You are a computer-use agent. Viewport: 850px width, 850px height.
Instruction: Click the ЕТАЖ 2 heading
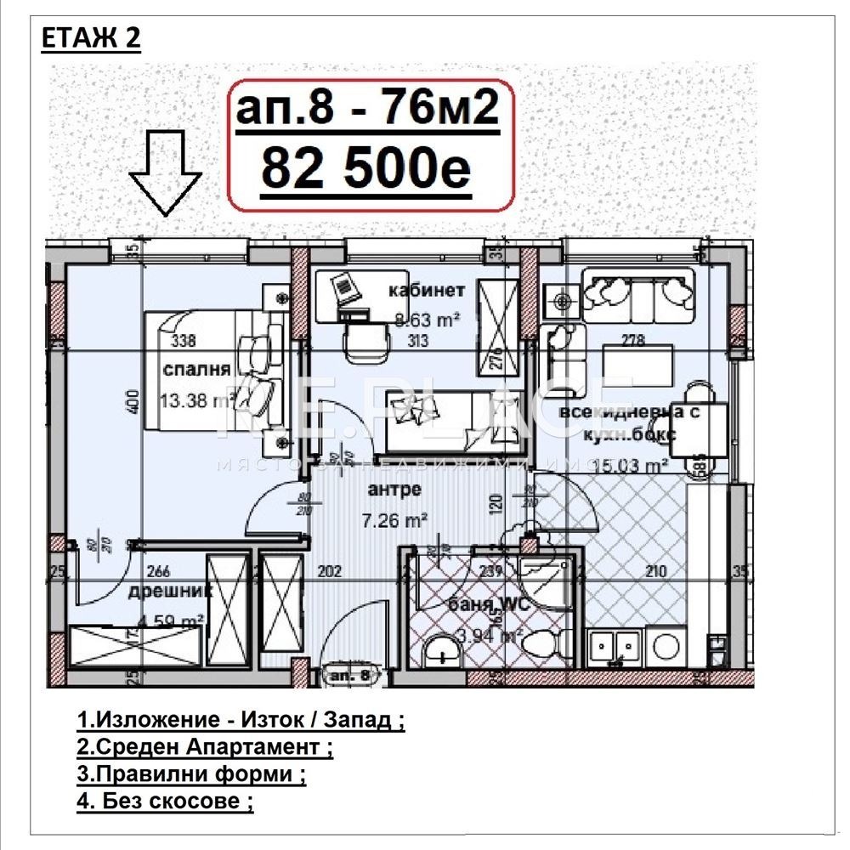[x=90, y=40]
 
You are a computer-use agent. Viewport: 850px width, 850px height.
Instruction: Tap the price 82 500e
[x=365, y=168]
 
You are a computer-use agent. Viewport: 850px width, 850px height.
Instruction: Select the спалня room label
[x=197, y=370]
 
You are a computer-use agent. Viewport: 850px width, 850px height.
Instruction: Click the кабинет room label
[x=427, y=291]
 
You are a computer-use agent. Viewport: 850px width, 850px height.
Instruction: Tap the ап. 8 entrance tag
[x=350, y=675]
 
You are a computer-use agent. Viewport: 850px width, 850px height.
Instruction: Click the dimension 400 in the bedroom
[x=133, y=401]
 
